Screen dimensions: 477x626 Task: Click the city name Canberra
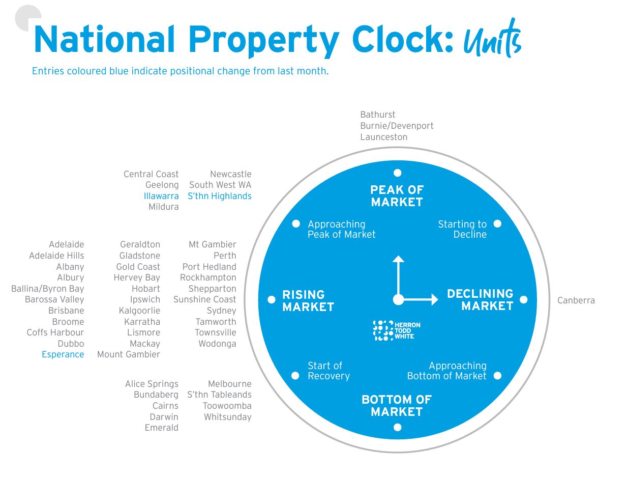pos(576,300)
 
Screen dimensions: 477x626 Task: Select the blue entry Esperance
pos(63,354)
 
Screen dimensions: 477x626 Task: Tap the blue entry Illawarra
pos(161,196)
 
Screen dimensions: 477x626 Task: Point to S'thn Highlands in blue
pos(219,196)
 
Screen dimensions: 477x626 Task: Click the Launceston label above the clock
pos(383,137)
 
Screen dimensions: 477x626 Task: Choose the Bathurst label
pos(377,115)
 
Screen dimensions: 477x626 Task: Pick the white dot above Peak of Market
pos(398,173)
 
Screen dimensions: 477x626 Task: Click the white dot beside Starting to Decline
pos(497,223)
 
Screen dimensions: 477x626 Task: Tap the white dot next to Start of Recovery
pos(295,376)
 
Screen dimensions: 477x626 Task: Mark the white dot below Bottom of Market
pos(398,427)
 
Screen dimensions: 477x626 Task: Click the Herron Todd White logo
pos(397,330)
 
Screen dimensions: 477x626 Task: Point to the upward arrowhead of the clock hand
pos(398,259)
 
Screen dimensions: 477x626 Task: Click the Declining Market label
pos(480,300)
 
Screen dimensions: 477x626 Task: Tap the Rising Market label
pos(308,300)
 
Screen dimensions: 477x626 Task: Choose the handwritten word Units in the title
pos(492,40)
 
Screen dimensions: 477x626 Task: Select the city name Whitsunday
pos(227,417)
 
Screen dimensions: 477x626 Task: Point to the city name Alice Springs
pos(152,384)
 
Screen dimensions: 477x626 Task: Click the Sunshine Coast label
pos(204,299)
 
